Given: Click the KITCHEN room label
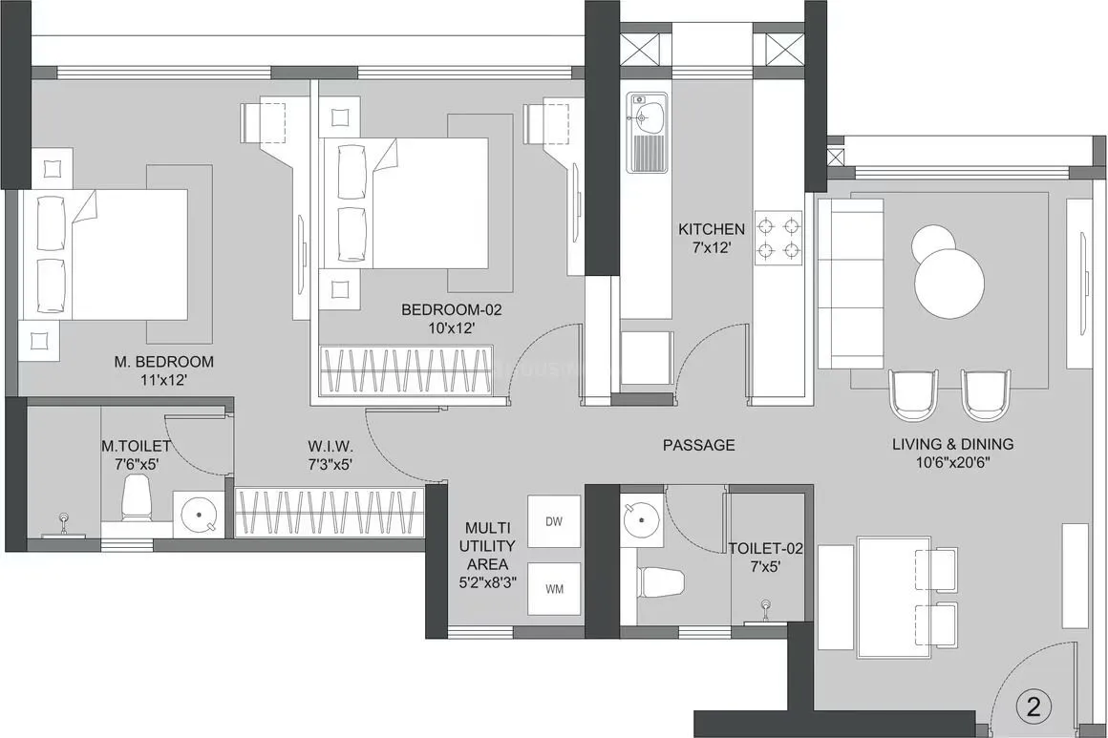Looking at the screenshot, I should tap(711, 229).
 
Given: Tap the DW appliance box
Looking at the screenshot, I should tap(554, 521).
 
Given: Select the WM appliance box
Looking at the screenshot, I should tap(554, 588).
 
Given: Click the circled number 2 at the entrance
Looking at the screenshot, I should tap(1033, 707).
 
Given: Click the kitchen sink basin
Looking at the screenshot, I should tap(647, 118).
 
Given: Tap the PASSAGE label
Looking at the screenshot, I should tap(699, 445).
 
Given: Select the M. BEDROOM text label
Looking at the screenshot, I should tap(164, 362).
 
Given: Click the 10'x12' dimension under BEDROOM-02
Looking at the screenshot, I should tap(451, 327).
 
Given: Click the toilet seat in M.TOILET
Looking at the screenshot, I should tap(137, 499).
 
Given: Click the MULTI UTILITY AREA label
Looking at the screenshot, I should tap(490, 546).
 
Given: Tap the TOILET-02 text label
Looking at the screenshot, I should tap(766, 549).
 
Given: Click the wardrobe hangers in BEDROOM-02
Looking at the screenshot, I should tap(405, 369).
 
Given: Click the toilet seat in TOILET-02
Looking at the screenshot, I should tap(660, 582).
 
